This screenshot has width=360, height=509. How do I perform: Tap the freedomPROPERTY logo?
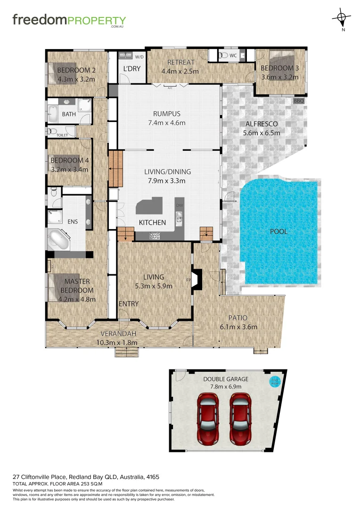pyautogui.click(x=69, y=21)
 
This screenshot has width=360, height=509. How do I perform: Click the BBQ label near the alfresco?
pyautogui.click(x=298, y=101)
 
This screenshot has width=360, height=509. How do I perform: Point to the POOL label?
pyautogui.click(x=278, y=231)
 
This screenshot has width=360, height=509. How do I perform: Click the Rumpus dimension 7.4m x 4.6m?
pyautogui.click(x=167, y=123)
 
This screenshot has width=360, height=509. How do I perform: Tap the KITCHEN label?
pyautogui.click(x=152, y=222)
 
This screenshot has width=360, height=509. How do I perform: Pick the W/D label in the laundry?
pyautogui.click(x=139, y=57)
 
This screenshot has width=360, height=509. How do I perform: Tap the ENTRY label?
pyautogui.click(x=128, y=304)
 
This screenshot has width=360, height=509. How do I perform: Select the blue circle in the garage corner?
pyautogui.click(x=274, y=381)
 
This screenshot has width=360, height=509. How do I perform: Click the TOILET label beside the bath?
pyautogui.click(x=62, y=135)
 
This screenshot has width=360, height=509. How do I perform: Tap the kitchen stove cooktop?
pyautogui.click(x=154, y=236)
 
